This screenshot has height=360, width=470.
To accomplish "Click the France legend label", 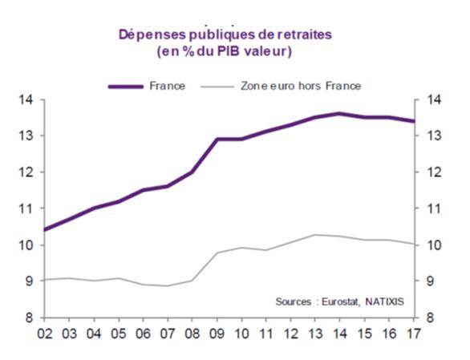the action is (x=168, y=86).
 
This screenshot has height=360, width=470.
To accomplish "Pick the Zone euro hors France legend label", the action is (x=301, y=86).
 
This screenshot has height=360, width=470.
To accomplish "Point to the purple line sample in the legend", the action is (x=126, y=87).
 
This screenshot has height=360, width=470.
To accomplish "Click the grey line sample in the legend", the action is (x=217, y=87).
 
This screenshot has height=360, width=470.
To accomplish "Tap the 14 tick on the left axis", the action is (x=26, y=99).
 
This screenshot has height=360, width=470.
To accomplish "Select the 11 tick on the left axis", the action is (x=26, y=208).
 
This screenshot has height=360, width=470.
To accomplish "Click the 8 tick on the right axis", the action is (x=430, y=318).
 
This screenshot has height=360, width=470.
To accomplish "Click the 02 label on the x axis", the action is (x=45, y=334).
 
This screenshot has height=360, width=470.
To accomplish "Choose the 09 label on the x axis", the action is (x=217, y=334).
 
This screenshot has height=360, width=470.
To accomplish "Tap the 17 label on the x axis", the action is (x=414, y=334).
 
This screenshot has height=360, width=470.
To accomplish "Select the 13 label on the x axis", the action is (x=315, y=334).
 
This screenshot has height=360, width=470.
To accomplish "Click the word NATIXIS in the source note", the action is (x=384, y=301).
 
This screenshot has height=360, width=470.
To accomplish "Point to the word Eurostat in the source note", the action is (x=340, y=301).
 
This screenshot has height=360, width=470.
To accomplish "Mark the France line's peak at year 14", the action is (x=339, y=114).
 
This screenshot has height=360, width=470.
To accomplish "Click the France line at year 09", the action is (x=217, y=139).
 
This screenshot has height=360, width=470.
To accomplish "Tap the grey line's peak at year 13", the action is (x=315, y=235).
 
